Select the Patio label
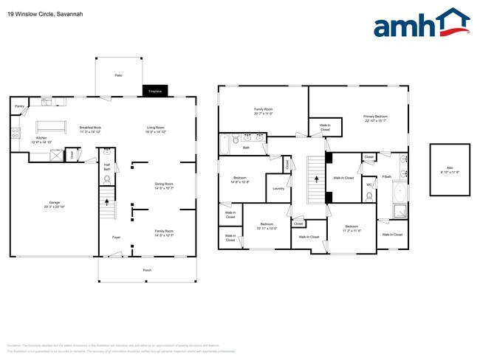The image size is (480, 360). click(117, 76)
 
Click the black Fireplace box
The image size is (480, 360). click(155, 91)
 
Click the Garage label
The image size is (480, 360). click(54, 204)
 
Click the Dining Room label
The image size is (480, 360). click(164, 185)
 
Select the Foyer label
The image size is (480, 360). click(116, 237)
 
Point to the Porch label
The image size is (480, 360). click(147, 271)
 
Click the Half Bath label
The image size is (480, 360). click(107, 167)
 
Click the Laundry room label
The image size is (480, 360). click(278, 188)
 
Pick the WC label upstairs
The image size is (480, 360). click(368, 185)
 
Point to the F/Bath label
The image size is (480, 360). click(386, 177)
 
